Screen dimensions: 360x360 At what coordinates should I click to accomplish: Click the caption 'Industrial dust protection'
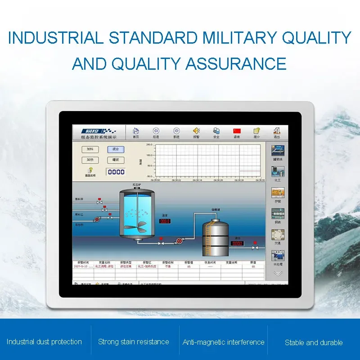tap(44, 342)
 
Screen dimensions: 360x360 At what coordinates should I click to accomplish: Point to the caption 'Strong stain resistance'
tap(134, 342)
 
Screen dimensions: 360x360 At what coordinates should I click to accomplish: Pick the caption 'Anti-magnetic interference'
tap(223, 342)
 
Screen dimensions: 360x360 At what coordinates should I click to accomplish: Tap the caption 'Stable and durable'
tap(314, 342)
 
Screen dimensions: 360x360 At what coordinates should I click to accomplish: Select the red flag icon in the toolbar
tap(237, 130)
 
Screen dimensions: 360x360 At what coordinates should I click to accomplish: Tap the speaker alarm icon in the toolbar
tap(196, 130)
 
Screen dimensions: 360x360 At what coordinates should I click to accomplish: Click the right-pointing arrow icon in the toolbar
tap(176, 130)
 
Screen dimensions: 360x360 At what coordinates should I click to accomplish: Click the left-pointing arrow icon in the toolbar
tap(156, 130)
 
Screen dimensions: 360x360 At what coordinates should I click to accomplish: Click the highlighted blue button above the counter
tap(115, 149)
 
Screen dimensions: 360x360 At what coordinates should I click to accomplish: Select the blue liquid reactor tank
tap(137, 212)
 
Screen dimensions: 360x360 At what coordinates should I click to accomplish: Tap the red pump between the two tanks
tap(179, 241)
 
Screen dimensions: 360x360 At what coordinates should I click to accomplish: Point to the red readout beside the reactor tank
tap(165, 221)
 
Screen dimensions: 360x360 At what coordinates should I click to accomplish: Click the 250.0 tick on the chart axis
tap(149, 145)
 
